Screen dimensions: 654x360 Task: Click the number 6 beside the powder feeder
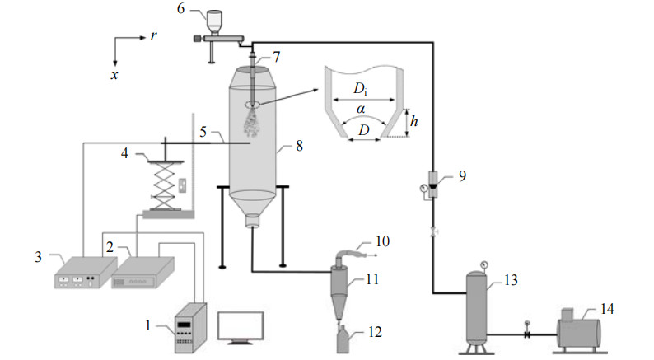180,8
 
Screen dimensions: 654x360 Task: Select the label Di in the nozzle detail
361,88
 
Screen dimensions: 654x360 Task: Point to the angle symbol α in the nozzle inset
362,110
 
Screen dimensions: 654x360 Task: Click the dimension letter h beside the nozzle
413,121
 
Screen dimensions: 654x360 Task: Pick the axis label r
154,36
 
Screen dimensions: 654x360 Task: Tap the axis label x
114,75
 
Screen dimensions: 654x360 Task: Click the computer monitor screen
241,325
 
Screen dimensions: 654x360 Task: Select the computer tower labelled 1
190,328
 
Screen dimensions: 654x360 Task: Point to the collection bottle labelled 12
343,339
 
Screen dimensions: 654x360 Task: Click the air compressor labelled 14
579,332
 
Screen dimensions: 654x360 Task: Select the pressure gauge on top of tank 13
483,265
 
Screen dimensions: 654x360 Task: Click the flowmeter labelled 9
434,185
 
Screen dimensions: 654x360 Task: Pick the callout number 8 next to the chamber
299,146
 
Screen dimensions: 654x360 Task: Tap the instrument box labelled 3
86,273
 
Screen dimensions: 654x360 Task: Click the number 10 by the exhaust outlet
382,241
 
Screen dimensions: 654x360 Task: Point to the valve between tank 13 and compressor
527,334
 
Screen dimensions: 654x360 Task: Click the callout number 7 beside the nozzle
277,57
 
